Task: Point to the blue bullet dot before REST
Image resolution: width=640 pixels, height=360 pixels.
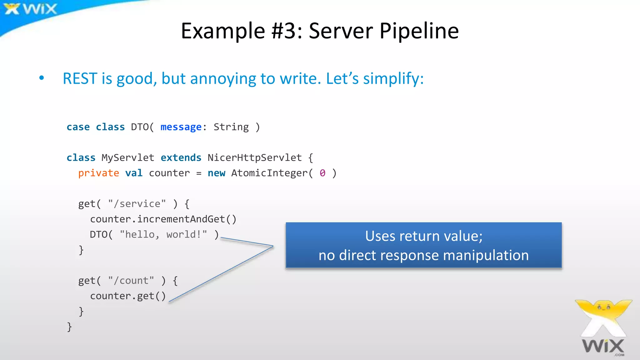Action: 42,78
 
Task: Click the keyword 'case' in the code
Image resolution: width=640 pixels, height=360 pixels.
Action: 78,127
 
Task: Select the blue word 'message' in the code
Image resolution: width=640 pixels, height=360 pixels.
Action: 181,127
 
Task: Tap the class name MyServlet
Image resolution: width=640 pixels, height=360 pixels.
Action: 127,157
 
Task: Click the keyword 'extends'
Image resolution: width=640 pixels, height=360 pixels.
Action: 181,157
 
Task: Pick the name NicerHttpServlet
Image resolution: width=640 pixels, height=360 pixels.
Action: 255,157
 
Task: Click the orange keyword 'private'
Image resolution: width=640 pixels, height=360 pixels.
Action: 98,173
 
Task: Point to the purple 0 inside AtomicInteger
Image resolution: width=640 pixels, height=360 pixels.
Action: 322,173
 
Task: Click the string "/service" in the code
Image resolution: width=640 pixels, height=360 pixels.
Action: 137,204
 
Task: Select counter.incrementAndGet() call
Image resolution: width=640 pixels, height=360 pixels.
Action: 163,219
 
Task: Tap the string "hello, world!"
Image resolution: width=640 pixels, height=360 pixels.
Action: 163,234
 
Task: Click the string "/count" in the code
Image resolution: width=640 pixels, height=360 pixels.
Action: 131,280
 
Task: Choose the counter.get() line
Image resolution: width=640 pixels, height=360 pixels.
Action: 128,296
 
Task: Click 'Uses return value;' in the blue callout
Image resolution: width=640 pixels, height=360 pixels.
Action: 423,236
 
